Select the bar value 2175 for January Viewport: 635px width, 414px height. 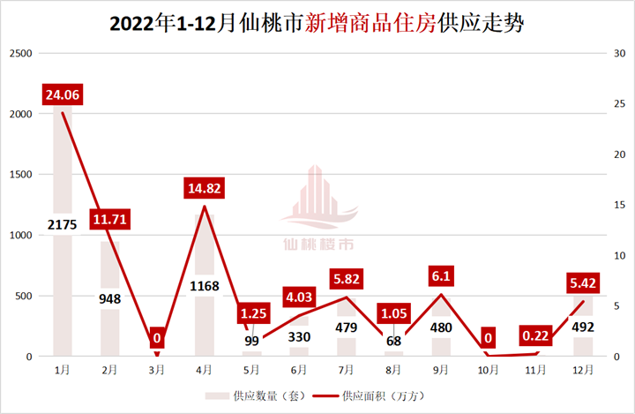click(63, 224)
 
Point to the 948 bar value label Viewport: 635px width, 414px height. click(110, 298)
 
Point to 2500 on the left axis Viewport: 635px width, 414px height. click(19, 55)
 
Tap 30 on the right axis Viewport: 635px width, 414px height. click(619, 55)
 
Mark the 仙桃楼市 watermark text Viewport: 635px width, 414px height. click(318, 245)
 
